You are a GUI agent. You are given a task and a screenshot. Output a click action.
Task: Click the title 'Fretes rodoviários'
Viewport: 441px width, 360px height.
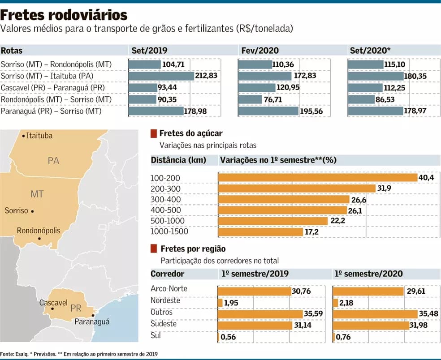point(64,15)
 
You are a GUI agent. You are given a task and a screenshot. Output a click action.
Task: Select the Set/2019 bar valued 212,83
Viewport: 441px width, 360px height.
point(161,76)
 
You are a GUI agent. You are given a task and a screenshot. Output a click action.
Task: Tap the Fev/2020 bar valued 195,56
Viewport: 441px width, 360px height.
point(268,111)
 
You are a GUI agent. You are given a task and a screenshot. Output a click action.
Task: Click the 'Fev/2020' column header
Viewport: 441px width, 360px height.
point(260,51)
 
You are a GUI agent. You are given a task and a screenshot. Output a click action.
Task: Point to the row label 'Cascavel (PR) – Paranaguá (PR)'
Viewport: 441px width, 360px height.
point(53,88)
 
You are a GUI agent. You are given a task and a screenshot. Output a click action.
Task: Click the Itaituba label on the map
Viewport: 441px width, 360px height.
point(39,135)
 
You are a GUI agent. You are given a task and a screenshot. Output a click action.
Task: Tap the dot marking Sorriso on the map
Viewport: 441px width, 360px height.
point(32,211)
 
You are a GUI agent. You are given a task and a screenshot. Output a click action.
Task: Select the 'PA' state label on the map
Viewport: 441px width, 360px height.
point(53,161)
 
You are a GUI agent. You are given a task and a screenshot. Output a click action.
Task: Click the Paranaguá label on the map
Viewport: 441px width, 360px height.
point(92,321)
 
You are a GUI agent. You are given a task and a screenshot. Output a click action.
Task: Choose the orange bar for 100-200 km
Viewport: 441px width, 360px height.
point(317,178)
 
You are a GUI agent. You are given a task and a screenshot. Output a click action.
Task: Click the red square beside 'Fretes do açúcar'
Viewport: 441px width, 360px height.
point(154,133)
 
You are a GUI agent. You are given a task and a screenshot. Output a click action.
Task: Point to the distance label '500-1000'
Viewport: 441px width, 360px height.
point(168,221)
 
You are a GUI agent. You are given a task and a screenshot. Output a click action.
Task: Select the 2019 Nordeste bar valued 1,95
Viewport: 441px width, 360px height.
point(220,303)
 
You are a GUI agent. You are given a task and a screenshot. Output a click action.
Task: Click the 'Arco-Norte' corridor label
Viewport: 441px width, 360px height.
point(169,289)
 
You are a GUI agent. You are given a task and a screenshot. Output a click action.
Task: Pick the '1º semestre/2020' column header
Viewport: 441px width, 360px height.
point(368,274)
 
